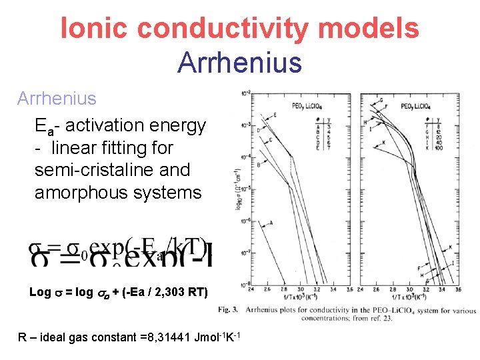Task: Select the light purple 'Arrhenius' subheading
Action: [57, 99]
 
